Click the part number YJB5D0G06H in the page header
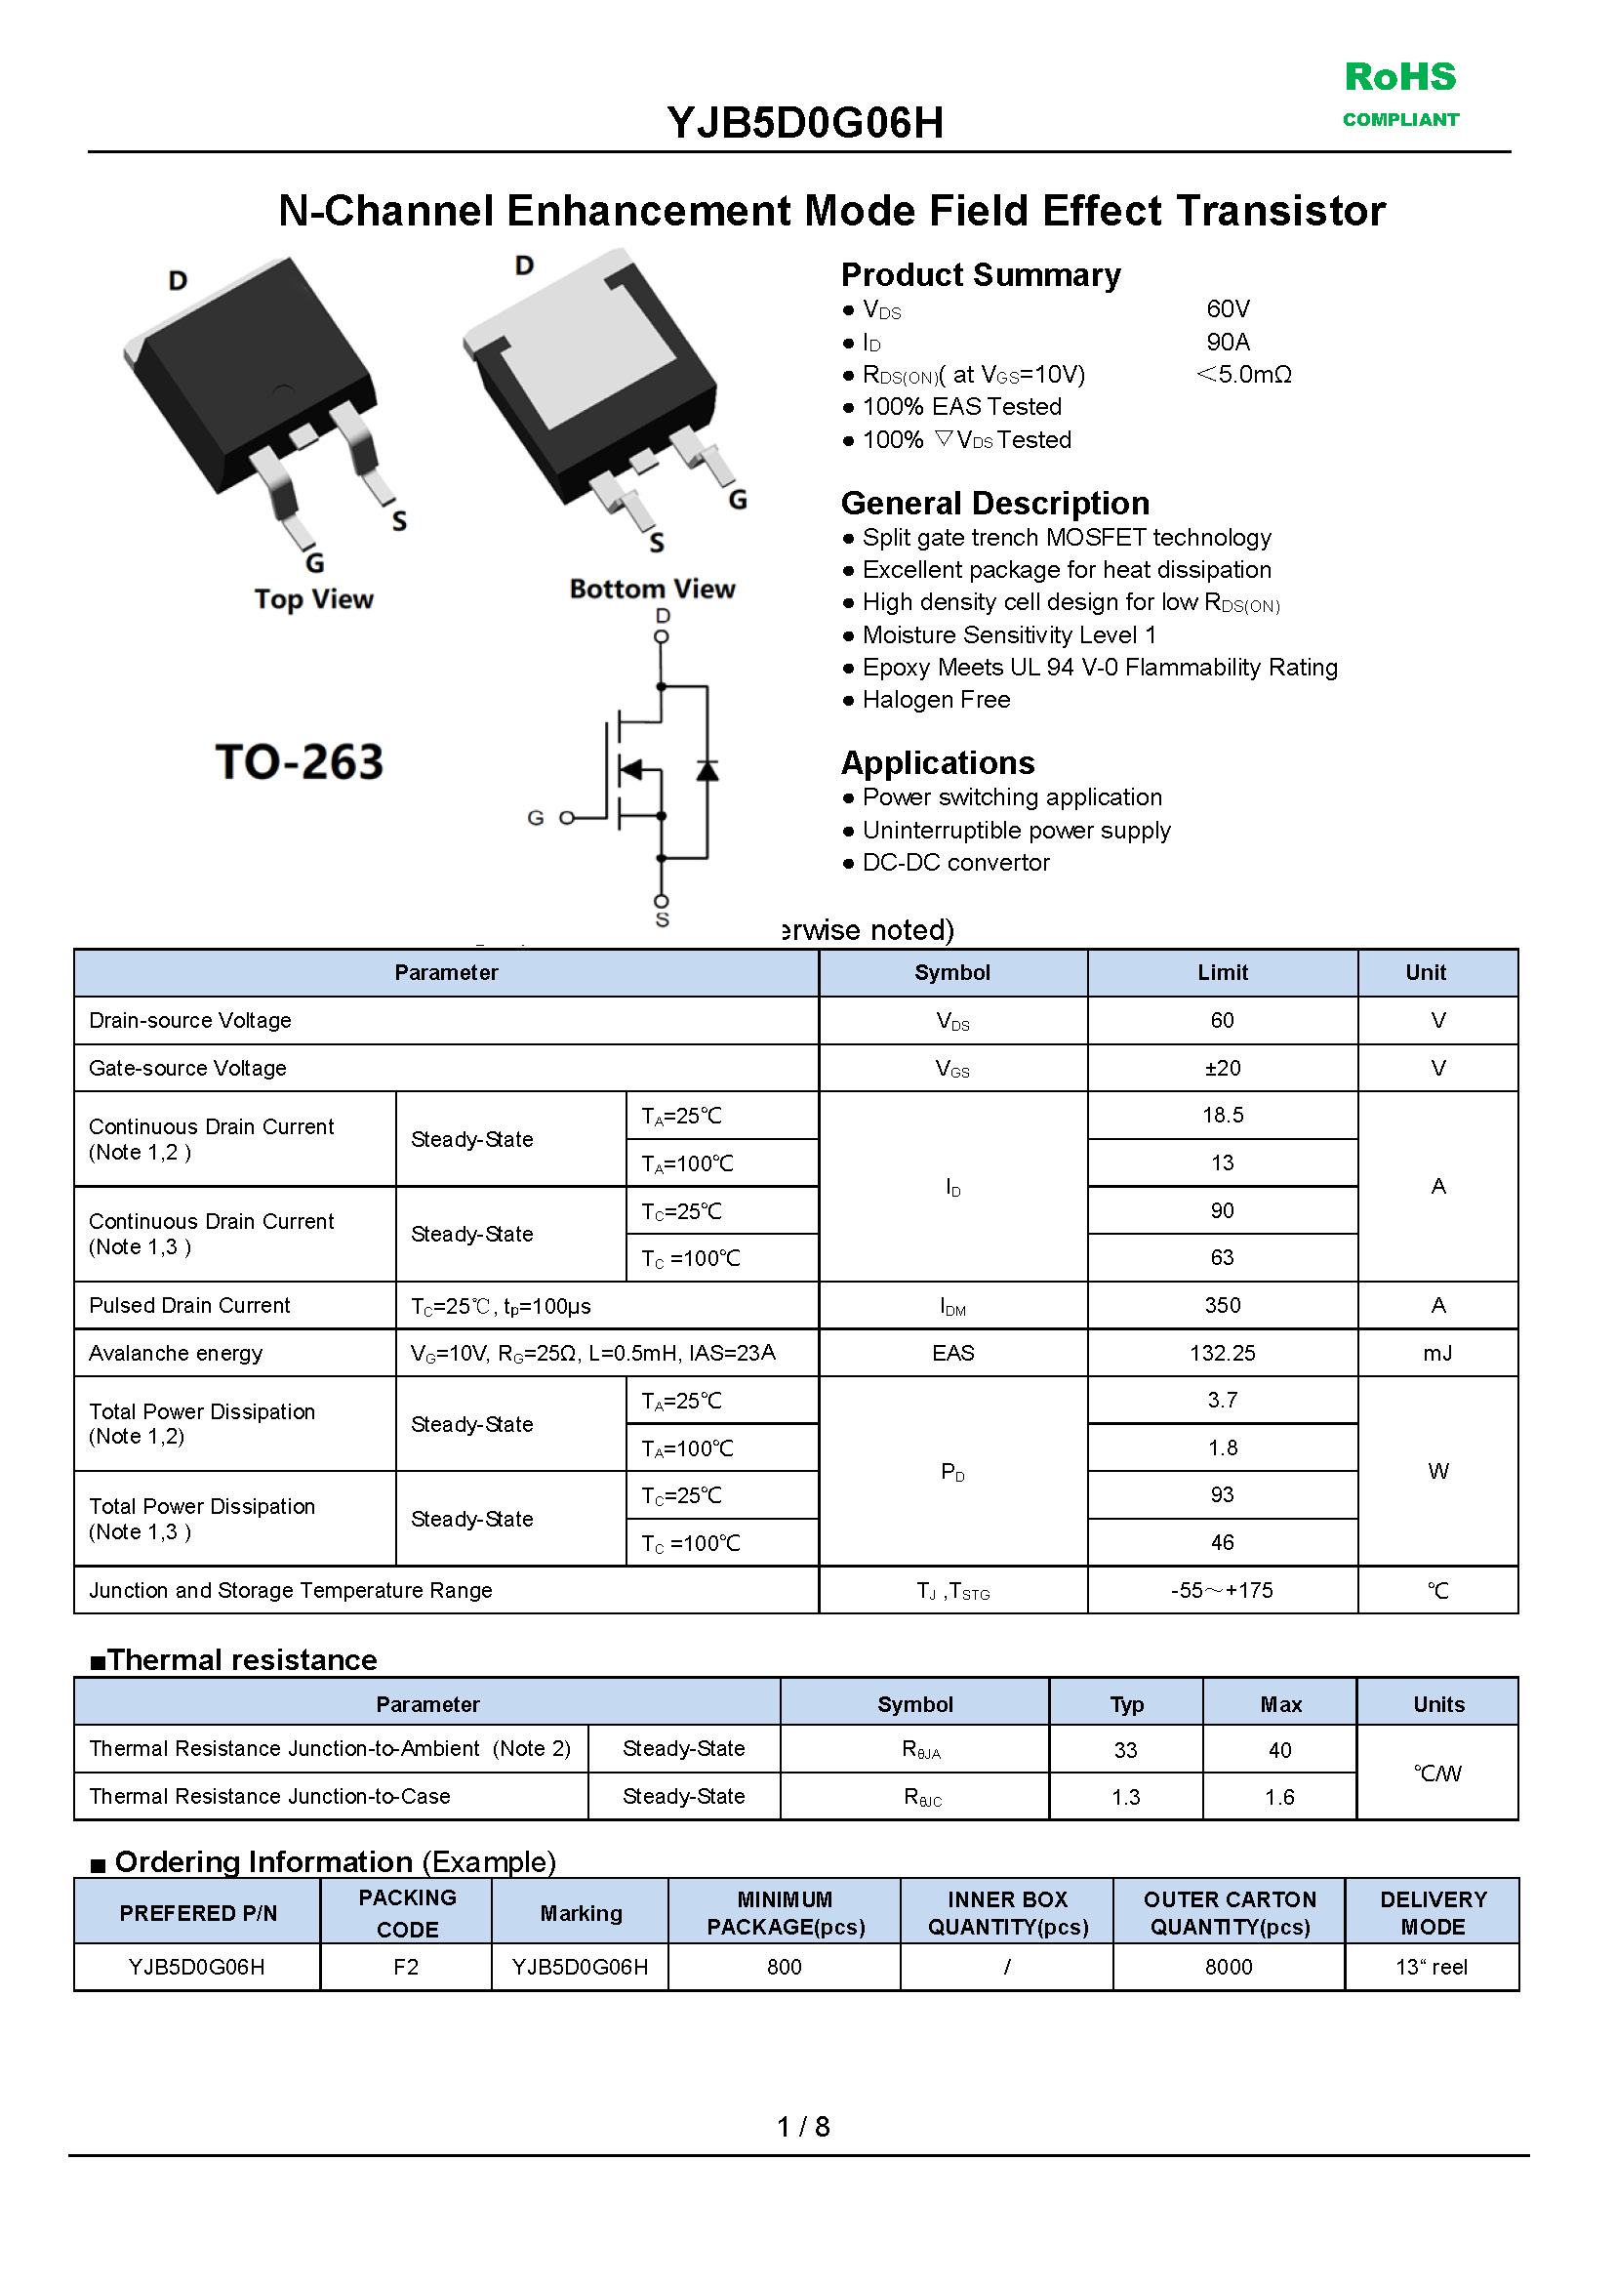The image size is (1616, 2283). (x=805, y=123)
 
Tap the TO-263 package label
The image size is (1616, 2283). (x=299, y=762)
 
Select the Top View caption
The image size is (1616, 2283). (x=313, y=599)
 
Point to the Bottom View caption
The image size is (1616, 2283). (x=652, y=590)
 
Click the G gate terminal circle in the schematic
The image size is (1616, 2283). (x=566, y=818)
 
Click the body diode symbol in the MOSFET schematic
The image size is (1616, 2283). (x=707, y=770)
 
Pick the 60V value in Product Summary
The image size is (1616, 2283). (x=1228, y=309)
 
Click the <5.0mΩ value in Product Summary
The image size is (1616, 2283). (x=1244, y=375)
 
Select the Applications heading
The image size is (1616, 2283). (x=938, y=763)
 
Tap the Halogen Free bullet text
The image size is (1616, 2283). (x=936, y=701)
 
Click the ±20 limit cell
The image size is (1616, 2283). (x=1222, y=1068)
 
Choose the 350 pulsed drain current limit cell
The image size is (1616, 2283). (x=1222, y=1305)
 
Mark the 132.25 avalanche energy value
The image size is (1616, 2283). (x=1222, y=1354)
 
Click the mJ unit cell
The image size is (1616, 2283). (x=1436, y=1354)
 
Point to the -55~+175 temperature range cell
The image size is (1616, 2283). (x=1222, y=1590)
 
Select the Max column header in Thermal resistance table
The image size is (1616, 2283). (x=1279, y=1705)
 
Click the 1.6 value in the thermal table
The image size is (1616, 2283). (x=1279, y=1797)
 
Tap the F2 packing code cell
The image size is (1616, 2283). (x=406, y=1967)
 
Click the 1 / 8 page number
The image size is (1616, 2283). (x=803, y=2127)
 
